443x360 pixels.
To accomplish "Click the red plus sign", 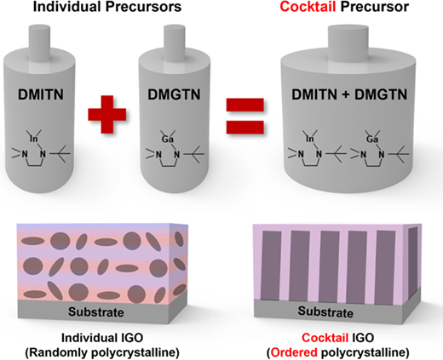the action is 107,114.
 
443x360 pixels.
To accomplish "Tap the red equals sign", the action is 245,116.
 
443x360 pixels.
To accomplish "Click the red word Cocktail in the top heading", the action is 308,7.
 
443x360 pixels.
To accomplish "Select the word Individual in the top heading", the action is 67,7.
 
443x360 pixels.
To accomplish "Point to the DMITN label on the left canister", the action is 41,94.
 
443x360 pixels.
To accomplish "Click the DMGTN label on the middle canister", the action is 174,94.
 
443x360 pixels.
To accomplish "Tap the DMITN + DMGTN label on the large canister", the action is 349,94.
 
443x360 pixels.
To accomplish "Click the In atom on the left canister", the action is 33,140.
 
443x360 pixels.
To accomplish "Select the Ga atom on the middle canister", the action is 168,140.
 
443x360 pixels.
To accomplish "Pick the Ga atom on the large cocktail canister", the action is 372,140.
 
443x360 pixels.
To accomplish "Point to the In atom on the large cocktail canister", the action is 309,140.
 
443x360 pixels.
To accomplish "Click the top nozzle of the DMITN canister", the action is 40,43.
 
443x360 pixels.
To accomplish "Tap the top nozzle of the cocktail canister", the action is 348,43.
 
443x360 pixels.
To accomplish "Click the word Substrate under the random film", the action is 96,312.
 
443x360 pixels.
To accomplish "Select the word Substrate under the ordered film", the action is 325,311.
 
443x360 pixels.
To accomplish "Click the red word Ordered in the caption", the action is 294,352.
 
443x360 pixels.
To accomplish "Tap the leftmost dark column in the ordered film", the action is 271,266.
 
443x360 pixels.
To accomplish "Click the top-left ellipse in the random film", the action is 33,241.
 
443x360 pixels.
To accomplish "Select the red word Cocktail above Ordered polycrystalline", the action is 325,338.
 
